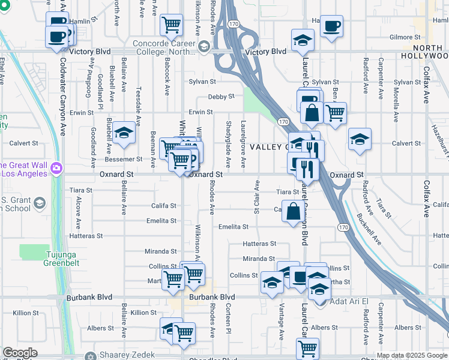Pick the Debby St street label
[220, 97]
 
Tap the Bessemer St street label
[123, 159]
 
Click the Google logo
[19, 353]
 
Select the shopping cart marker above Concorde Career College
[172, 25]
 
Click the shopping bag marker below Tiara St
[293, 212]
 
